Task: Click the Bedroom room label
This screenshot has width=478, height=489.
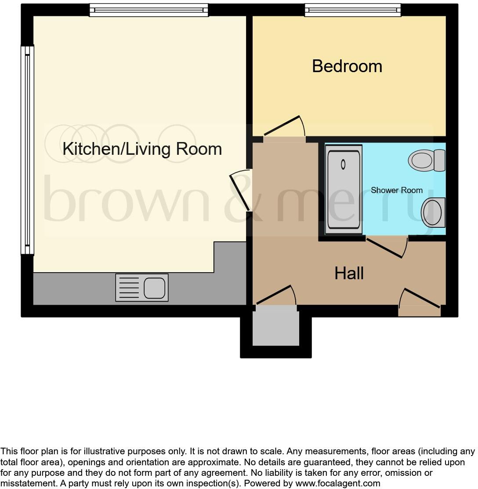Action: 347,66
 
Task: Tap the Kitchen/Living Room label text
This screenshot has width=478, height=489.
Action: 142,149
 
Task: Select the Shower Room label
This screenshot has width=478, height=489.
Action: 396,190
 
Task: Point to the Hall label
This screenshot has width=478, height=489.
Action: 349,274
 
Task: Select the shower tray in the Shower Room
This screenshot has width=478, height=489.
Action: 344,189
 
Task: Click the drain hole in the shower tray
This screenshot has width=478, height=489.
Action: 343,164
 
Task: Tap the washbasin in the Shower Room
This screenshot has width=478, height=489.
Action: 433,212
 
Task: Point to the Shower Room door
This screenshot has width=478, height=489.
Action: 387,247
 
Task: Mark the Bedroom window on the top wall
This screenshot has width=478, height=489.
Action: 353,10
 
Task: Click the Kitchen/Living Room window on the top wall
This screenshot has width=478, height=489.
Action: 148,10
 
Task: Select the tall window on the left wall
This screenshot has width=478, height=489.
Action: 28,150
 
